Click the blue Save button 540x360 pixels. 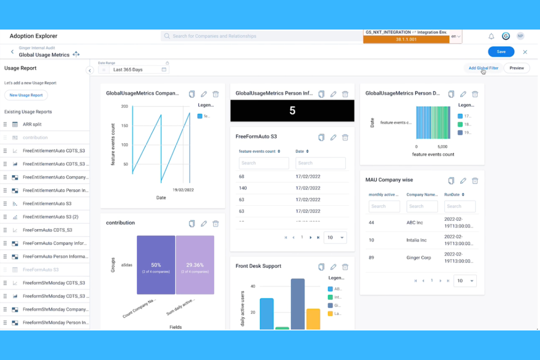coord(501,52)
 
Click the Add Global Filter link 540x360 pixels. coord(483,68)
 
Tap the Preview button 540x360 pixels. coord(516,68)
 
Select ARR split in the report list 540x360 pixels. coord(32,124)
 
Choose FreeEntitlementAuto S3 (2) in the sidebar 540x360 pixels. coord(50,217)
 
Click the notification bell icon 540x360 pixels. coord(491,36)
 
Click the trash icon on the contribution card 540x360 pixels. coord(216,224)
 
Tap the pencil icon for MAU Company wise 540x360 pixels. coord(463,181)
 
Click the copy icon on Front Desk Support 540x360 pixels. coord(321,267)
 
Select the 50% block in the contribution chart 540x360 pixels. coord(156,265)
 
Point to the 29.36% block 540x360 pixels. coord(195,265)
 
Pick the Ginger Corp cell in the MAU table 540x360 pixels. coord(418,258)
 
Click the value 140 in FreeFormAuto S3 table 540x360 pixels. coord(243,188)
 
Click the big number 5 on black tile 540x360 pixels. coord(292,111)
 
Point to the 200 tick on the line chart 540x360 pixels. coord(125,107)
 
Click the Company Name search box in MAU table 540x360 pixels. coord(422,206)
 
